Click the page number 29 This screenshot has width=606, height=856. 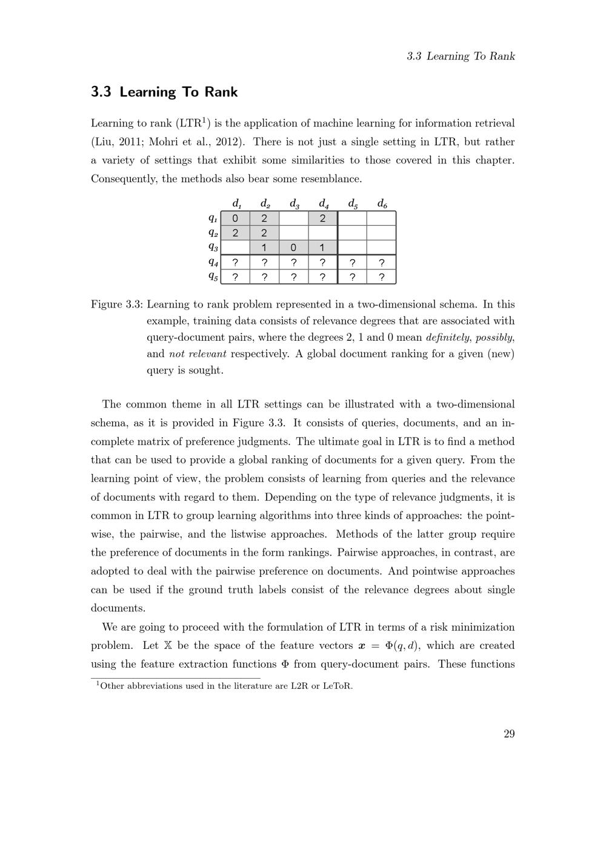click(508, 734)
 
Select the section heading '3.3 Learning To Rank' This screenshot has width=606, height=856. click(164, 92)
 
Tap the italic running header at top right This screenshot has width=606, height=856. click(461, 56)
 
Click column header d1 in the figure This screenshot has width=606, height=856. click(236, 203)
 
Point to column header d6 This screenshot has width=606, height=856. click(382, 203)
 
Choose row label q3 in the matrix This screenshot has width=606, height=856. click(213, 247)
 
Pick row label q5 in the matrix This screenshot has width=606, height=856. click(213, 277)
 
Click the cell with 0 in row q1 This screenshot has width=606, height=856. click(235, 219)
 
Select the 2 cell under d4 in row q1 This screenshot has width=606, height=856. click(323, 219)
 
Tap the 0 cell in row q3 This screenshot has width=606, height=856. click(294, 248)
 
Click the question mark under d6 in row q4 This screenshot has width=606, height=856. click(381, 263)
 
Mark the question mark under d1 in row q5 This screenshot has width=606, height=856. click(235, 277)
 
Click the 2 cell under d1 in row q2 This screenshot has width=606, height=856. click(235, 233)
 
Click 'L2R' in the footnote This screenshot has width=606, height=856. click(302, 686)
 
